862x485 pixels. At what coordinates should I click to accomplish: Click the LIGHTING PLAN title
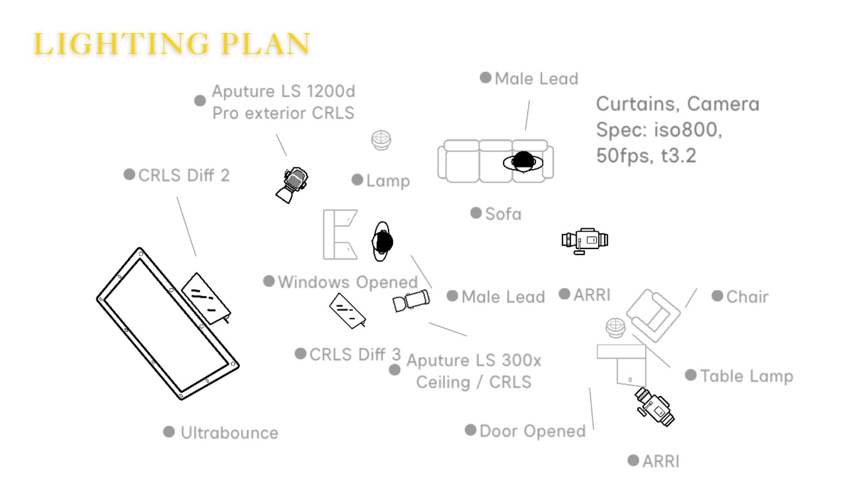[x=172, y=44]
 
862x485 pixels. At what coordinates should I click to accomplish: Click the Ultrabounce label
[x=229, y=433]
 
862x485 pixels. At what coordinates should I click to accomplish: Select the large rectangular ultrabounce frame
[x=167, y=323]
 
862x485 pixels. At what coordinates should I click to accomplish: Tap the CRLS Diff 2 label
[x=184, y=175]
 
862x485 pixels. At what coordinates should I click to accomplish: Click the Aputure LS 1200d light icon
[x=292, y=185]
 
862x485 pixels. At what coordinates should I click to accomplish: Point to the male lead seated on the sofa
[x=523, y=162]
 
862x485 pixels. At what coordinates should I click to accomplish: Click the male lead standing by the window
[x=383, y=242]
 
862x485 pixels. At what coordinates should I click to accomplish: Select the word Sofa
[x=503, y=214]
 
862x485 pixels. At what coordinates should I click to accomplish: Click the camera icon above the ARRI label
[x=585, y=240]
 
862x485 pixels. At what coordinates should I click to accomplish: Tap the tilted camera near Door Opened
[x=655, y=407]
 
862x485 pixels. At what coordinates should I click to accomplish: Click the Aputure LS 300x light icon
[x=411, y=300]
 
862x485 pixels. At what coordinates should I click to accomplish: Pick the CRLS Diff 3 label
[x=355, y=354]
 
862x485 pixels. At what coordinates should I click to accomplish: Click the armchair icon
[x=653, y=315]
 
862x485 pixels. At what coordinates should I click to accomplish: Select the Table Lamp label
[x=747, y=376]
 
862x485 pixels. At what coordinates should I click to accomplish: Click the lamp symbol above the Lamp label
[x=381, y=140]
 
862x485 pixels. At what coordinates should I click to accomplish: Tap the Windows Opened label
[x=348, y=282]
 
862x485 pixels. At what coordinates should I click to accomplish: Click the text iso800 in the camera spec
[x=687, y=130]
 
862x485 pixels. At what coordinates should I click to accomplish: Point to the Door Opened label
[x=532, y=431]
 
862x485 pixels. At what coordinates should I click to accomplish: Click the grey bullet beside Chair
[x=717, y=296]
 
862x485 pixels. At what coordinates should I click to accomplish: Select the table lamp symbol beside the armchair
[x=616, y=327]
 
